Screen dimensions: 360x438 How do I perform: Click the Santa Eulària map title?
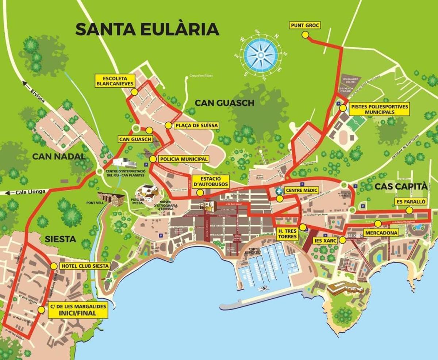[x=147, y=29]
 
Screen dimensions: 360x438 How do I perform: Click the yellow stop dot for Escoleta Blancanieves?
[x=134, y=92]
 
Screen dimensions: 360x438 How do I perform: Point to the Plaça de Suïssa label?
[x=196, y=126]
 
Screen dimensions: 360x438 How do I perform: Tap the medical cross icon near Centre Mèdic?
[x=279, y=191]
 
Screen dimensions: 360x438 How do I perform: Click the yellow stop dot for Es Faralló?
[x=410, y=210]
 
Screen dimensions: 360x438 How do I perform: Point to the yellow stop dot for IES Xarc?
[x=342, y=240]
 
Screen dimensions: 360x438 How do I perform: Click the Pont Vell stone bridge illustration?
[x=111, y=198]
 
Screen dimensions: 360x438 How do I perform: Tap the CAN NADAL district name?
[x=59, y=157]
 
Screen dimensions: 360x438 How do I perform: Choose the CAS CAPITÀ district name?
[x=400, y=187]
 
